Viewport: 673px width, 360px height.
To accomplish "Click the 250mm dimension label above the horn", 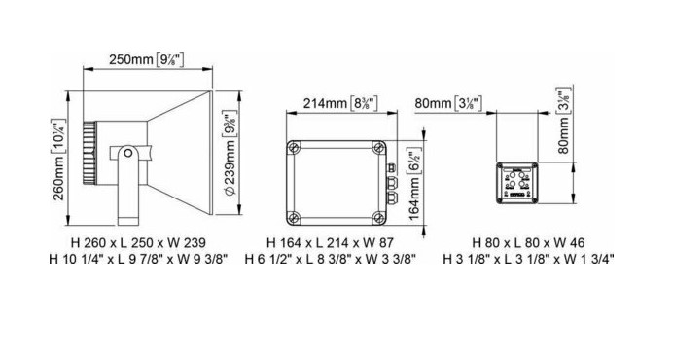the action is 147,59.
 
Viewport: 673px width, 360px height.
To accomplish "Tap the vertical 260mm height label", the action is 59,160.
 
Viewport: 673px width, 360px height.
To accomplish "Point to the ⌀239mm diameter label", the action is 230,155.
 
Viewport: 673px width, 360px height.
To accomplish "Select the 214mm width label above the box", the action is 340,103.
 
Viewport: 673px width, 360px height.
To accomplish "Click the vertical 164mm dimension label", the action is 414,184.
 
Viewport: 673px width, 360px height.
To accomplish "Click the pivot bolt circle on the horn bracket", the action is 127,154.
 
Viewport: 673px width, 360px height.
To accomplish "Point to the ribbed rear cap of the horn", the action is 89,154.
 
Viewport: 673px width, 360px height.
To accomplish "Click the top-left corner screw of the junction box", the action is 293,148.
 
